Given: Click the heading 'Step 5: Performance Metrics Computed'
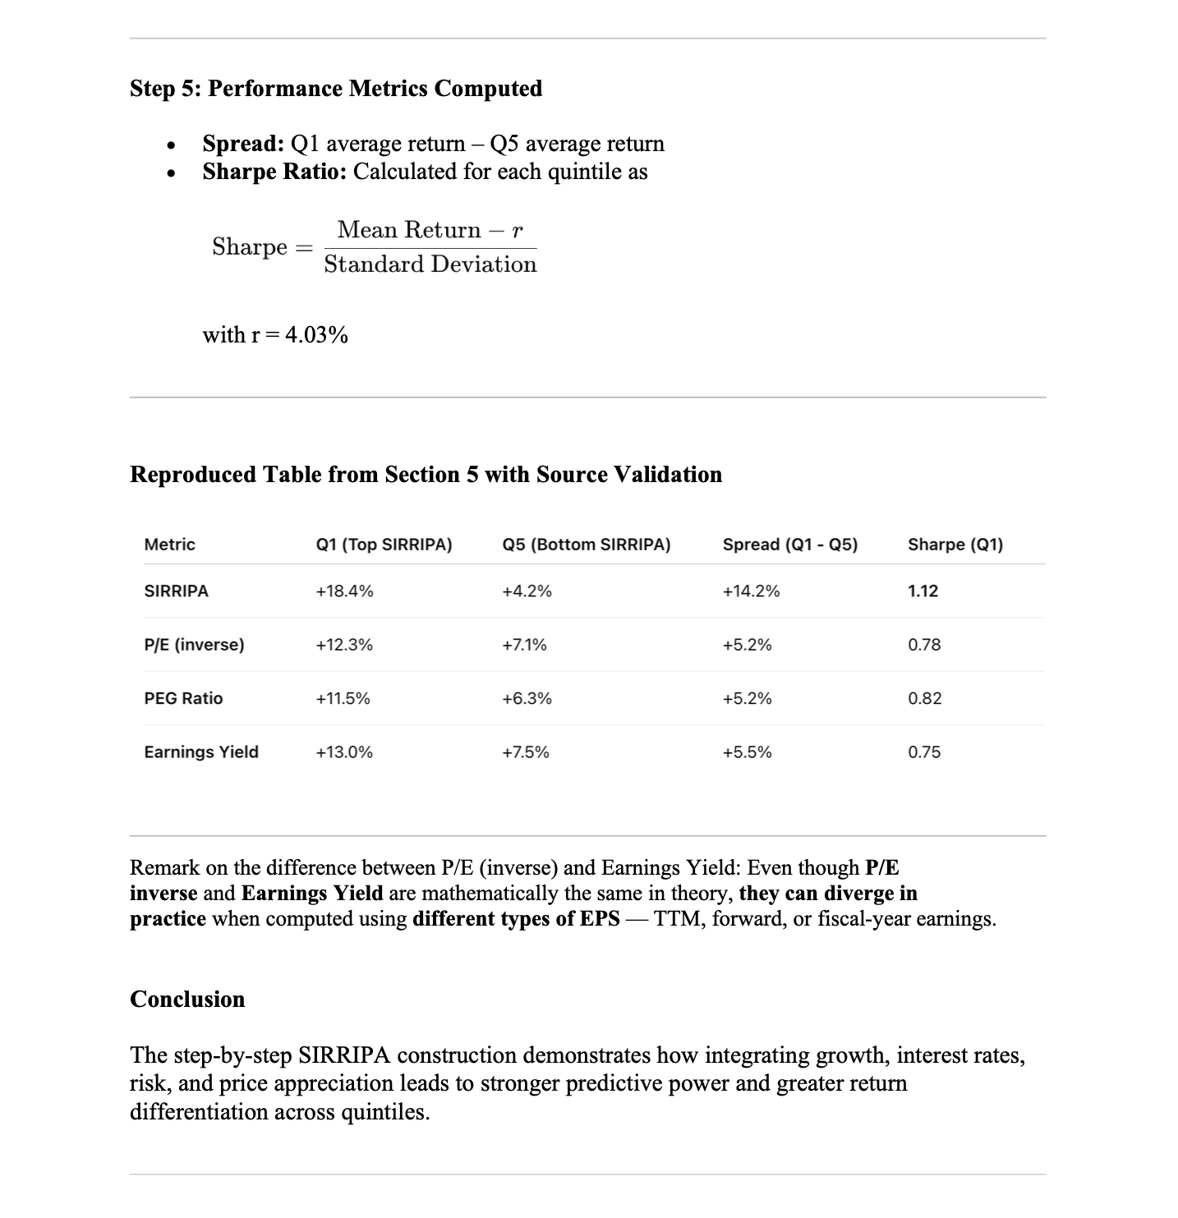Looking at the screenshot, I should click(x=336, y=89).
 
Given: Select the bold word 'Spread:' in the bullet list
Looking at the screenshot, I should click(x=243, y=144).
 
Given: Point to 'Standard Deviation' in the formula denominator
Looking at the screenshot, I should click(x=430, y=264).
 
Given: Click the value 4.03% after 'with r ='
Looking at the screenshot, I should click(x=316, y=335).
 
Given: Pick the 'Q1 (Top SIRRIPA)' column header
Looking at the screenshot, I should click(x=384, y=545).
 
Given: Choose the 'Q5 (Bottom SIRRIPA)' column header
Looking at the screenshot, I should click(x=586, y=545).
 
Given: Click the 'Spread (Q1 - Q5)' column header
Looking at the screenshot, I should click(x=789, y=545).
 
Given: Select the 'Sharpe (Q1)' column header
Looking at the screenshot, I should click(x=955, y=545).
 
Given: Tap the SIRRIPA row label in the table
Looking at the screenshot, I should click(x=176, y=591).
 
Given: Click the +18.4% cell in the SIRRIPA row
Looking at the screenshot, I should click(x=344, y=591).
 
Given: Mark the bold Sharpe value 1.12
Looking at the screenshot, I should click(x=923, y=591).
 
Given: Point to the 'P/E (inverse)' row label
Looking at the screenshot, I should click(x=194, y=645).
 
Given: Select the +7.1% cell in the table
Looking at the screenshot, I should click(x=524, y=645).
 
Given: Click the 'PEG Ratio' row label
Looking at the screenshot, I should click(x=183, y=699).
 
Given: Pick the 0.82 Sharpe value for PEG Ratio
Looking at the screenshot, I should click(x=924, y=699).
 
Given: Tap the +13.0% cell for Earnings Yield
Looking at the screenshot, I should click(x=344, y=752).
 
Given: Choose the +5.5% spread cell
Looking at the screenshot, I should click(x=747, y=752).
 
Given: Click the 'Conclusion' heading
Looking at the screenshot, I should click(x=187, y=1000).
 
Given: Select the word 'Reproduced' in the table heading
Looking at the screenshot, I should click(x=193, y=475).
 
